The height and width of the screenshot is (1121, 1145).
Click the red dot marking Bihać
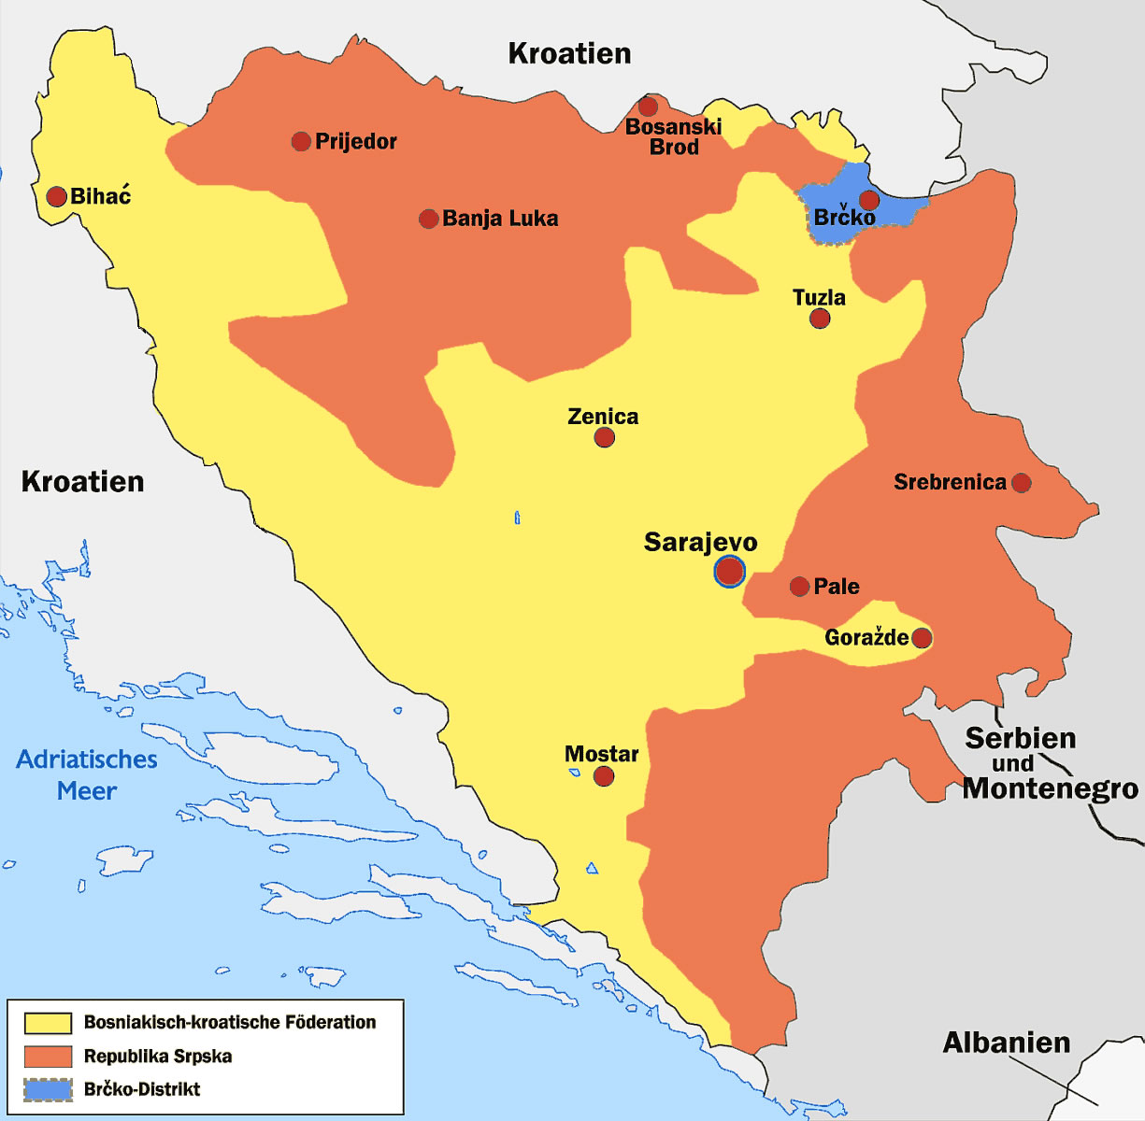point(56,196)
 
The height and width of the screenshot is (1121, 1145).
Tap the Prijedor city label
point(355,141)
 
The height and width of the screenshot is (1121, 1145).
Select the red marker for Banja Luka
point(428,219)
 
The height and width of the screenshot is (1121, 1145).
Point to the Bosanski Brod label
point(673,136)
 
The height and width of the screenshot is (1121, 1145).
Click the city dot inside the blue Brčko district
point(869,200)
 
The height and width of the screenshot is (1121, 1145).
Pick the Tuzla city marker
point(820,319)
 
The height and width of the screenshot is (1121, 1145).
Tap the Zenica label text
point(603,417)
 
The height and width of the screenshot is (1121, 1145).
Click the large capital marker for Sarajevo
point(729,571)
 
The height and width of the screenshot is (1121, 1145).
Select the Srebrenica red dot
point(1022,483)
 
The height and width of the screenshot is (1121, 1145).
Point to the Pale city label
point(837,587)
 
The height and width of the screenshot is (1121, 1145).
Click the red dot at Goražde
point(922,638)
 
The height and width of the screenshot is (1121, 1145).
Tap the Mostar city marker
point(604,776)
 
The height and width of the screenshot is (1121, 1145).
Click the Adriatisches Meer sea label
point(87,774)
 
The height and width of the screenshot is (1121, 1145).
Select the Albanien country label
point(1006,1043)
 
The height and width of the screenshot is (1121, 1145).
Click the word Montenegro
point(1051,788)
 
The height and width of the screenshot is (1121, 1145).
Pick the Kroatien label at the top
point(569,53)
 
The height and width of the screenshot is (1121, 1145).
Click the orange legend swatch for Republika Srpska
point(48,1057)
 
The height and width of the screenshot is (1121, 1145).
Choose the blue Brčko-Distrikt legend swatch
point(48,1089)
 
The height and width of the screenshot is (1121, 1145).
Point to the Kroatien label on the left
point(82,481)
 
